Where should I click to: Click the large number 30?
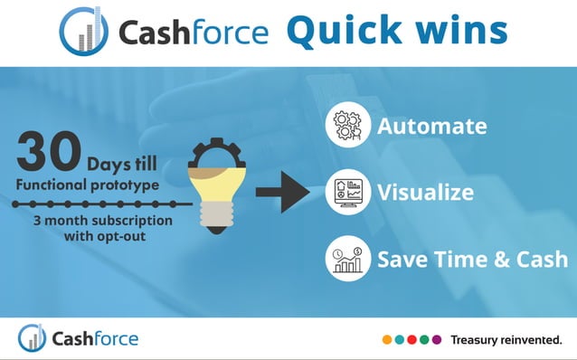click(x=47, y=152)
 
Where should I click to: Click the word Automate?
click(x=432, y=126)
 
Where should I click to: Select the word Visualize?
click(x=425, y=192)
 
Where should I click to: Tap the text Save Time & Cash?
click(x=472, y=259)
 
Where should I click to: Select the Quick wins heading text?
click(x=396, y=30)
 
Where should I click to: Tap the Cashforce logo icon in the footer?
click(x=32, y=338)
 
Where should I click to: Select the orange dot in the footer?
click(x=387, y=340)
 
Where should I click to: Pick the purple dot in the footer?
click(x=437, y=340)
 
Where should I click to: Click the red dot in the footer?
click(x=411, y=340)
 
